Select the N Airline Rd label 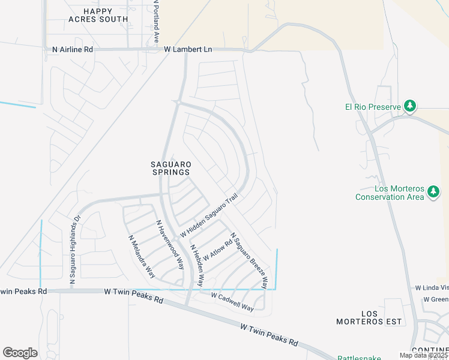click(x=73, y=50)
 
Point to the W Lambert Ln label click(x=188, y=50)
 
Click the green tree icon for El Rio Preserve click(x=410, y=106)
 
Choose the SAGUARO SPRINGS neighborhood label click(x=170, y=168)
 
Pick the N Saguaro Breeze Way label click(x=249, y=260)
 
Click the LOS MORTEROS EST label click(x=381, y=317)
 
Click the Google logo click(x=20, y=353)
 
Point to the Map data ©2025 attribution click(x=423, y=355)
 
